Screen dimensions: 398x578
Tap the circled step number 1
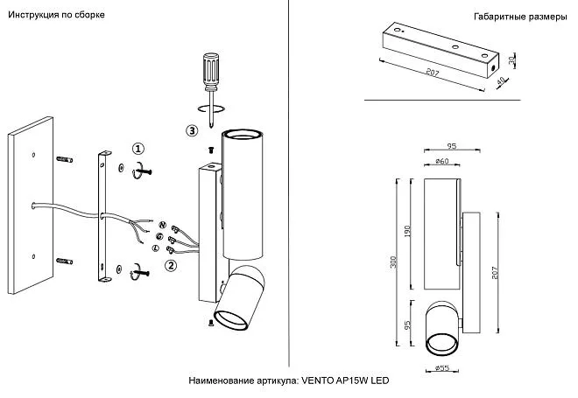coord(138,150)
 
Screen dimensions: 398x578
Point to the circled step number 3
coord(192,131)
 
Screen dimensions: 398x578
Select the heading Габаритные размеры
coord(520,17)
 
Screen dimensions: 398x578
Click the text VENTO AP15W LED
coord(344,381)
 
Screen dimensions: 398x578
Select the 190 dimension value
coord(408,231)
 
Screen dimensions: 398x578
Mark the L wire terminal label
coord(155,249)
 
